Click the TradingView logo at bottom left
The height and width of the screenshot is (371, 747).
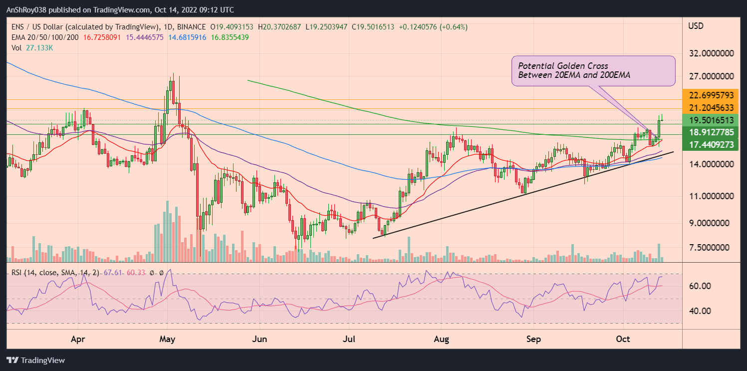35,360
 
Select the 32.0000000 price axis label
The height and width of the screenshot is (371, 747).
711,52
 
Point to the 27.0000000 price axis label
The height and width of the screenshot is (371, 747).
711,76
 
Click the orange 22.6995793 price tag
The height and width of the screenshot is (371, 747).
711,95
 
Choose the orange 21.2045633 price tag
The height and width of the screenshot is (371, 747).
711,107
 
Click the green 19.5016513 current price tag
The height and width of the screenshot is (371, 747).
711,120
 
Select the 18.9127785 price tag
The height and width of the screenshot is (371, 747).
711,132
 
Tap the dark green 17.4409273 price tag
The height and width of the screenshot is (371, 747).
711,145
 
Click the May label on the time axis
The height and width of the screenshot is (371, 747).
167,339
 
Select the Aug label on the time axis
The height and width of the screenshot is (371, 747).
442,339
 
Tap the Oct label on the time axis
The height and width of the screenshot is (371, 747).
623,339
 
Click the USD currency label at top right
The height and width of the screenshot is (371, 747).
696,25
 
